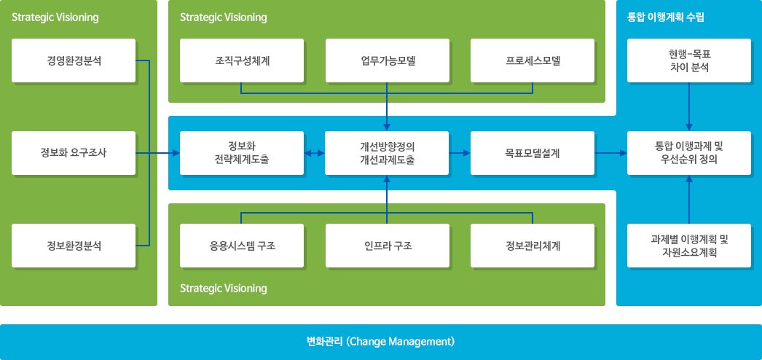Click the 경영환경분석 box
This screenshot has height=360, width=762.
(74, 60)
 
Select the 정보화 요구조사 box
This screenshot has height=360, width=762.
(74, 153)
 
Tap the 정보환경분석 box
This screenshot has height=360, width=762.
(74, 246)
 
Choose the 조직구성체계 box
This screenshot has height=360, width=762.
(242, 60)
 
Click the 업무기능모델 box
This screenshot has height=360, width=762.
(387, 60)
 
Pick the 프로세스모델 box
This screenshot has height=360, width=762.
(533, 60)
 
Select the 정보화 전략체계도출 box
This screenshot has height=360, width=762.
(242, 153)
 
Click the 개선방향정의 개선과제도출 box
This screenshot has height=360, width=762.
(387, 153)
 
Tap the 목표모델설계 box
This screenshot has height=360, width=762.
(533, 153)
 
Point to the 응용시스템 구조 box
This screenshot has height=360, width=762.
(242, 246)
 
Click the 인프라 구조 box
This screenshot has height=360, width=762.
(387, 246)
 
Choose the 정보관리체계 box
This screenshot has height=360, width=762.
(533, 246)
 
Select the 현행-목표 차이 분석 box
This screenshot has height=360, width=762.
(689, 60)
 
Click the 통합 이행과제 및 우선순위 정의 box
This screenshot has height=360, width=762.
(689, 153)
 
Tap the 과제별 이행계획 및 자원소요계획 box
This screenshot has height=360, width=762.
(689, 246)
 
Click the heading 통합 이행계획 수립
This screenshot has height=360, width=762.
(670, 17)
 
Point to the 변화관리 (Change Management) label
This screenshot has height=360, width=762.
(381, 341)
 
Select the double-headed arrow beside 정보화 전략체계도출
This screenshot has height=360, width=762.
(315, 153)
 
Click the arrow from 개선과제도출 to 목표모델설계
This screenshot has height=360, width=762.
(460, 153)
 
